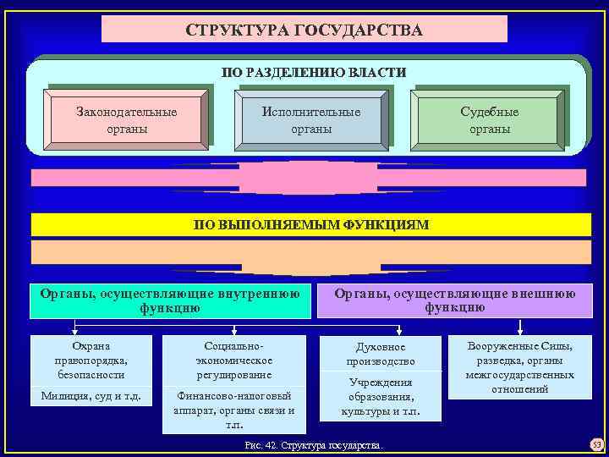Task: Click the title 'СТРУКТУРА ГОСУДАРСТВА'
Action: point(304,30)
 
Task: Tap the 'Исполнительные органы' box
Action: point(310,120)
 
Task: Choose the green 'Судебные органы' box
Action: point(489,120)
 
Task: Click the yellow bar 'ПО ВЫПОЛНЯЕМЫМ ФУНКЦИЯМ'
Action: point(311,224)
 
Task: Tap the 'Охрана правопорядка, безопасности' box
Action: point(91,360)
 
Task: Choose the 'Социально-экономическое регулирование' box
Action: point(233,361)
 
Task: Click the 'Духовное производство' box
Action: point(381,354)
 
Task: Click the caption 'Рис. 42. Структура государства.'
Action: point(313,444)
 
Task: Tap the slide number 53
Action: point(595,444)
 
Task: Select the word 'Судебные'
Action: point(489,112)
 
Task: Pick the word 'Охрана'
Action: point(91,345)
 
